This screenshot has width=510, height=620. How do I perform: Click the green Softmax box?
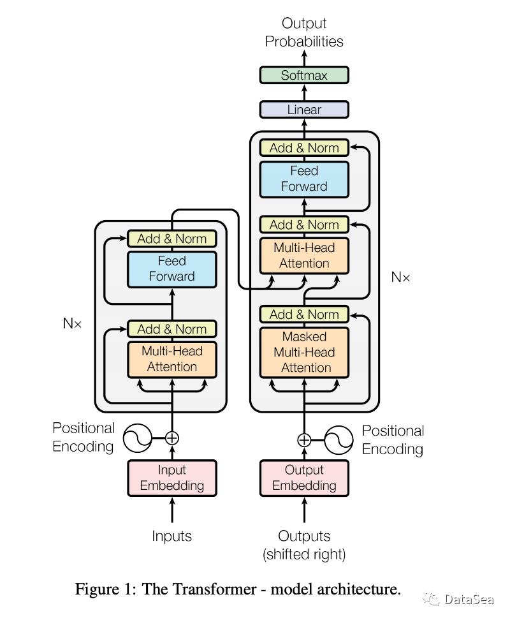tap(304, 75)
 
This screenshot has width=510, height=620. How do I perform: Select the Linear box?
tap(304, 110)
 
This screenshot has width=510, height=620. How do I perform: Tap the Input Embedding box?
tap(172, 478)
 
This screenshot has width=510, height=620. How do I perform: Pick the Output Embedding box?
tap(304, 478)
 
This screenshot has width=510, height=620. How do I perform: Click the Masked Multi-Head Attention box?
tap(304, 352)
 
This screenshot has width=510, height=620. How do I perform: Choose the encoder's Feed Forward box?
tap(172, 269)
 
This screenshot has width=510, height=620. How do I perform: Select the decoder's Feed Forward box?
tap(304, 179)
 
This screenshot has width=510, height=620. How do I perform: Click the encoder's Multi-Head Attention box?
tap(172, 358)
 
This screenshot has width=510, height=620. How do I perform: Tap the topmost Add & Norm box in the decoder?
tap(304, 148)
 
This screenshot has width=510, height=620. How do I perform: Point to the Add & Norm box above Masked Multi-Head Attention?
tap(304, 314)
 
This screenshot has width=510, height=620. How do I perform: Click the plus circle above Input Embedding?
tap(172, 438)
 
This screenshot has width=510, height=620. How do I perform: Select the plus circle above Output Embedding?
tap(304, 439)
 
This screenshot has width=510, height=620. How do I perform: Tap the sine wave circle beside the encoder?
tap(136, 438)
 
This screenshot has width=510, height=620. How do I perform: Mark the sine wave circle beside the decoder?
tap(339, 439)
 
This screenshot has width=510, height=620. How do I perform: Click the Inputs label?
tap(172, 536)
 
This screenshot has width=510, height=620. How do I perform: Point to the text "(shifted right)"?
tap(304, 554)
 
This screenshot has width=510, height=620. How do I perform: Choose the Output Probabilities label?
tap(304, 33)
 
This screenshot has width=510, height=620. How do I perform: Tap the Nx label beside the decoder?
tap(400, 277)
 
